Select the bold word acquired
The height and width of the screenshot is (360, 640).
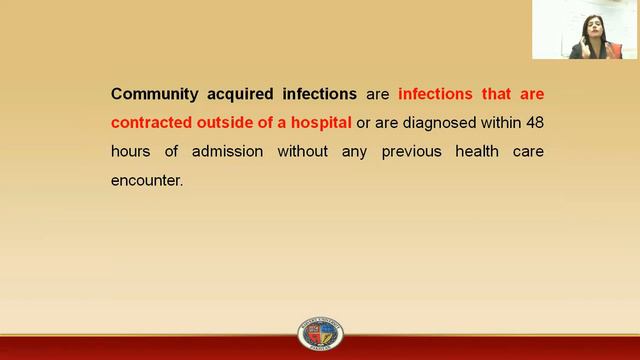(x=243, y=94)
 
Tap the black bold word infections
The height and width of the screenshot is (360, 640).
(x=319, y=94)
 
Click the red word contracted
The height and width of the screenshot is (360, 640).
(x=152, y=123)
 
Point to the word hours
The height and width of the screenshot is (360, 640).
(x=130, y=152)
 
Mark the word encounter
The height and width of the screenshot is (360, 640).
(x=148, y=181)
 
